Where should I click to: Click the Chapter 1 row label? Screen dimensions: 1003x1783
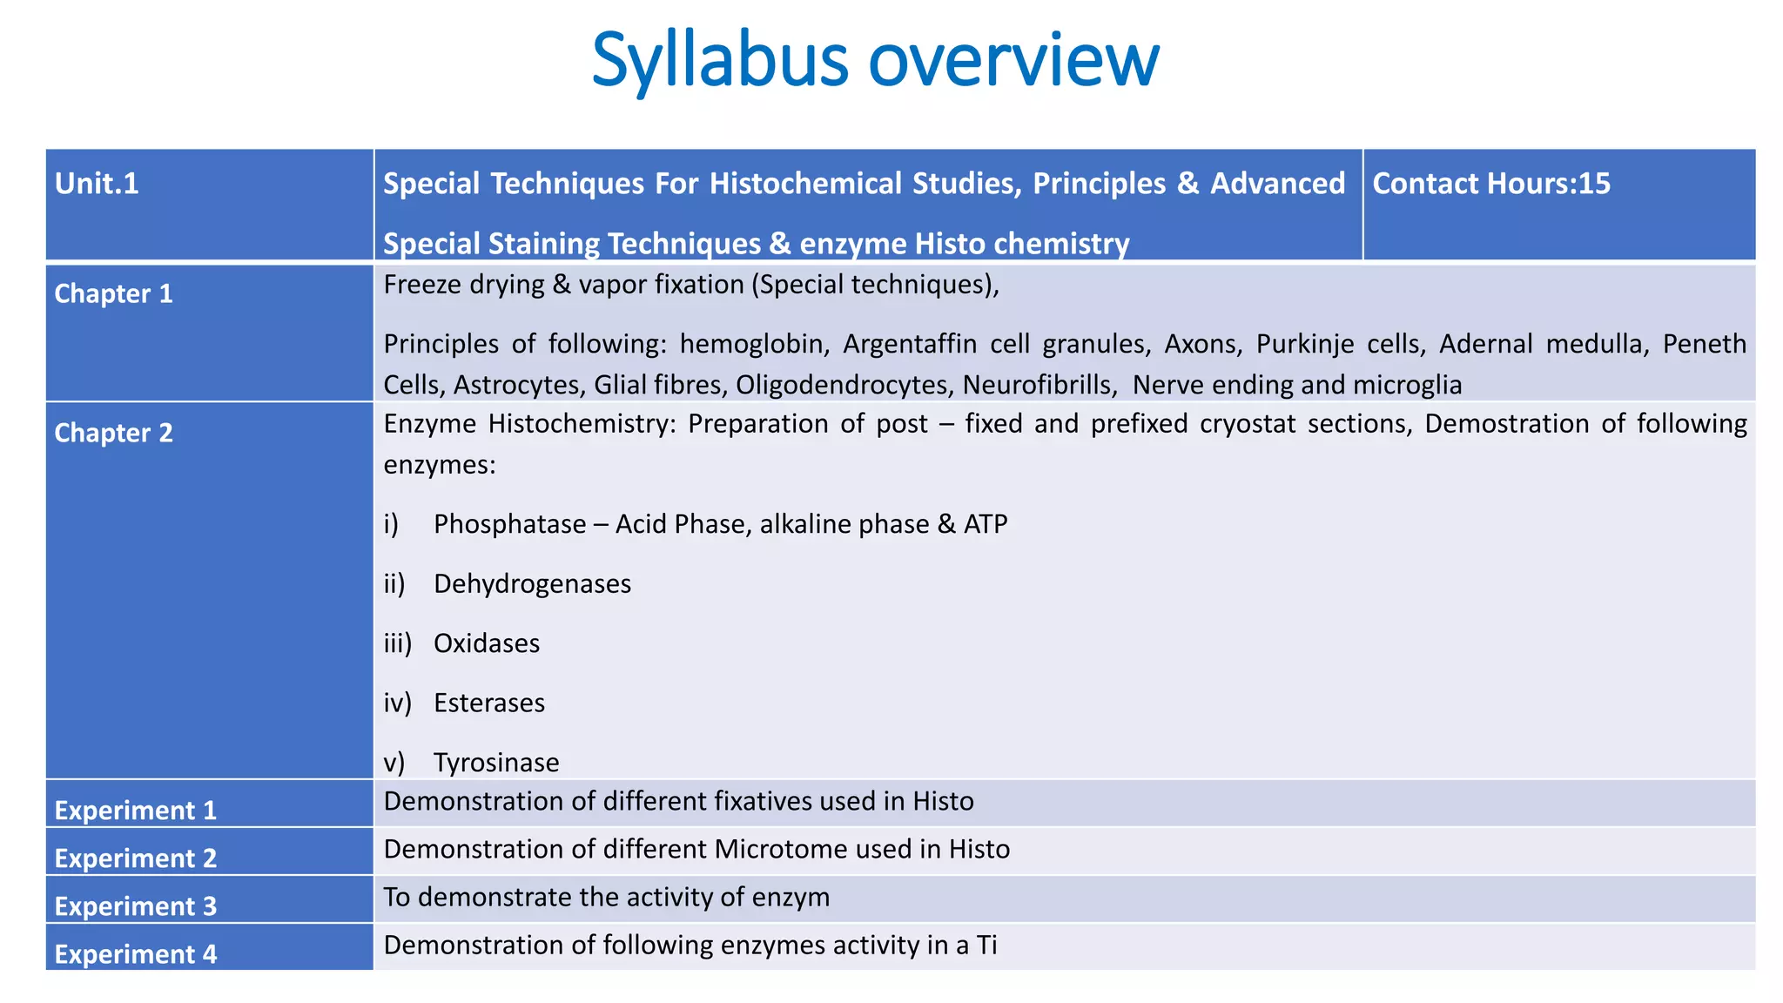coord(113,294)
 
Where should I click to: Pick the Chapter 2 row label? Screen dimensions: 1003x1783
coord(113,433)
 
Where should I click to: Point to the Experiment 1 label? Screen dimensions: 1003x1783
coord(135,810)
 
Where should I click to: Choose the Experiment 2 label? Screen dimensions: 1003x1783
coord(135,858)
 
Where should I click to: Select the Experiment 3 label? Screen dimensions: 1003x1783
coord(135,905)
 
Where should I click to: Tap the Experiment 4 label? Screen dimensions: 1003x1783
coord(135,953)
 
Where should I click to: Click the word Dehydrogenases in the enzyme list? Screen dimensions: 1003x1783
coord(532,583)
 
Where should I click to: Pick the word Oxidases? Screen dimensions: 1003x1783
coord(487,643)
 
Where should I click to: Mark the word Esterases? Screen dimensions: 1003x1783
coord(489,703)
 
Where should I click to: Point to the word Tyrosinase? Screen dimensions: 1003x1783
coord(496,763)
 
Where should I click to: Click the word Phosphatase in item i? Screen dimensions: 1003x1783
coord(509,524)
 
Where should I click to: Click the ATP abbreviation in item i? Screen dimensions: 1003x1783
coord(986,524)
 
